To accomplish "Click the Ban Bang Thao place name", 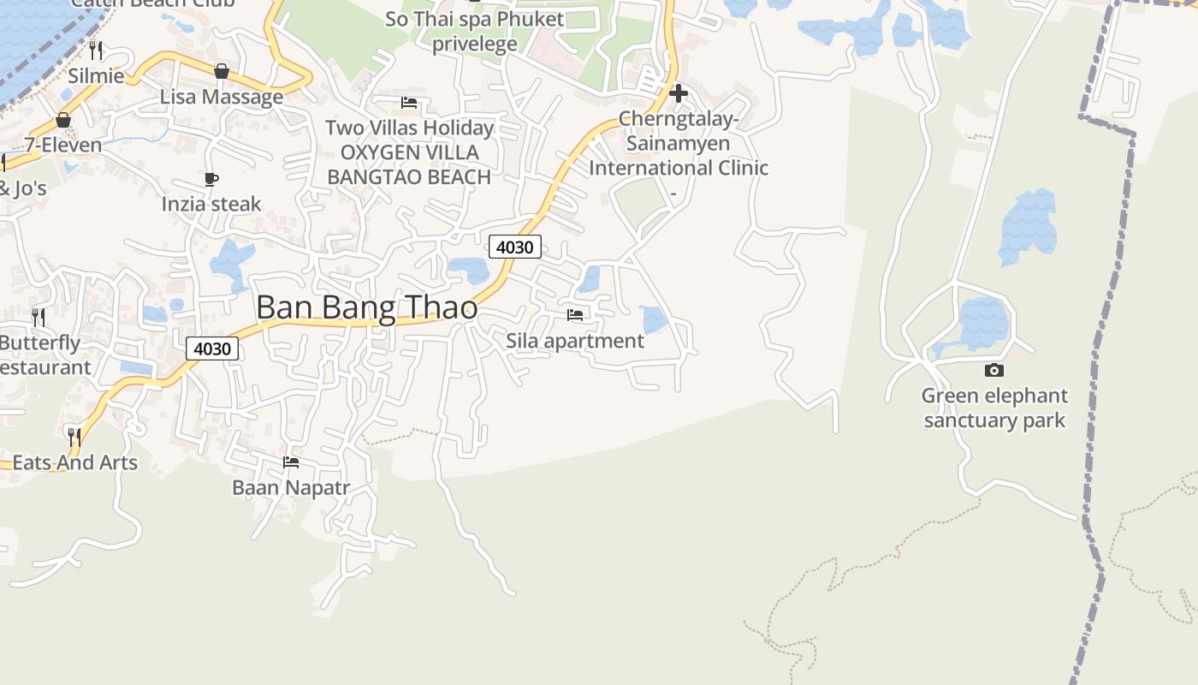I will pos(366,307).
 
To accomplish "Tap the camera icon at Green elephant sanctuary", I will pos(994,371).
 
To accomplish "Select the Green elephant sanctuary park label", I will pos(994,408).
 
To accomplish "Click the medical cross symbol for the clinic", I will pos(679,92).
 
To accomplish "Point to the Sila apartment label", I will pos(575,341).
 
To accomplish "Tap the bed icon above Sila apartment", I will pos(575,315).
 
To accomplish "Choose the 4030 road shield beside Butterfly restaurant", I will pos(212,348).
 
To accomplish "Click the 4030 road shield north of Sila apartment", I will pos(515,247).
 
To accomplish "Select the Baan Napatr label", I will pos(292,487).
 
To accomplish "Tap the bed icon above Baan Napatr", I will pos(291,462).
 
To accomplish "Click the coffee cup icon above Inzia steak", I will pos(211,179).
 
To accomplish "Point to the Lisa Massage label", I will pos(222,97).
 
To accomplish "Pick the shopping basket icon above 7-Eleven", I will pos(62,120).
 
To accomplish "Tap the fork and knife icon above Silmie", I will pos(96,51).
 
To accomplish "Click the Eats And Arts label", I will pos(74,462).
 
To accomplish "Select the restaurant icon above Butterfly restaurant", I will pos(39,318).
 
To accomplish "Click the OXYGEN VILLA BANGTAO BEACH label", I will pos(409,164).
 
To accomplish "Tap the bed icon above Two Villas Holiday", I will pos(409,103).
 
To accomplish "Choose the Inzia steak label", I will pos(211,204).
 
